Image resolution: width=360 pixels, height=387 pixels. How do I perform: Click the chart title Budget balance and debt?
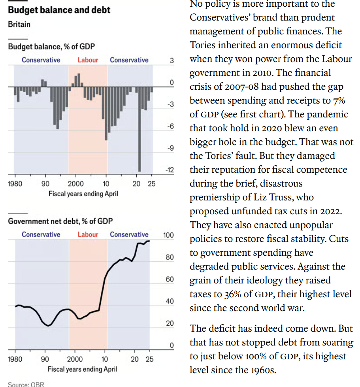59,9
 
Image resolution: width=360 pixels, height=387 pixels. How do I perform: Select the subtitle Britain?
19,24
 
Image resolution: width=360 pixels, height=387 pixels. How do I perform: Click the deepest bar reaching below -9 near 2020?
139,130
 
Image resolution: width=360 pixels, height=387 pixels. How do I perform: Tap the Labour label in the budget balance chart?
88,60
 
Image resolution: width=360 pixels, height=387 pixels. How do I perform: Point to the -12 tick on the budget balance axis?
170,170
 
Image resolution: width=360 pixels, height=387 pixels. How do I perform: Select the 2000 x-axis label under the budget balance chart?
75,184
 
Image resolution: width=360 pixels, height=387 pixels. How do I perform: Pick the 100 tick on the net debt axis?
168,236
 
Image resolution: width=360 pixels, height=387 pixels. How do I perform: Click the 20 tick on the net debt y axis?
169,323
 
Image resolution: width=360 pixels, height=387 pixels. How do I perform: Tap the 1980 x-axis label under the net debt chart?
15,359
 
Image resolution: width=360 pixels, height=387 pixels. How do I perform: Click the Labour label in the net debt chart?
88,234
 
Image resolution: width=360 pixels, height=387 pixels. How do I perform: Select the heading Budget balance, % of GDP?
51,47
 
